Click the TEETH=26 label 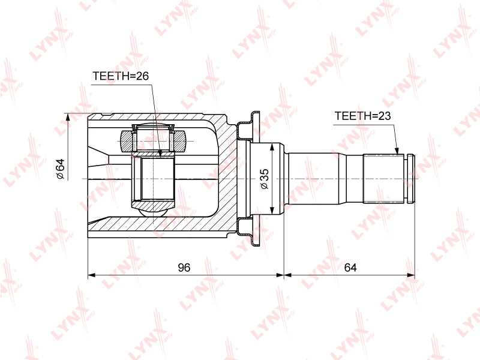pyautogui.click(x=121, y=76)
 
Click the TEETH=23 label pyautogui.click(x=362, y=116)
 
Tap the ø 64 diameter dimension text pyautogui.click(x=61, y=169)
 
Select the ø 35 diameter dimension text pyautogui.click(x=264, y=179)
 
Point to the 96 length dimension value pyautogui.click(x=184, y=268)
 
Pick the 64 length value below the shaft pyautogui.click(x=350, y=268)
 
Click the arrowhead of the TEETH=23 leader pyautogui.click(x=397, y=151)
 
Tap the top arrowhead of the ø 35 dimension pyautogui.click(x=272, y=147)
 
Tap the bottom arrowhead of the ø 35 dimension pyautogui.click(x=272, y=211)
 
